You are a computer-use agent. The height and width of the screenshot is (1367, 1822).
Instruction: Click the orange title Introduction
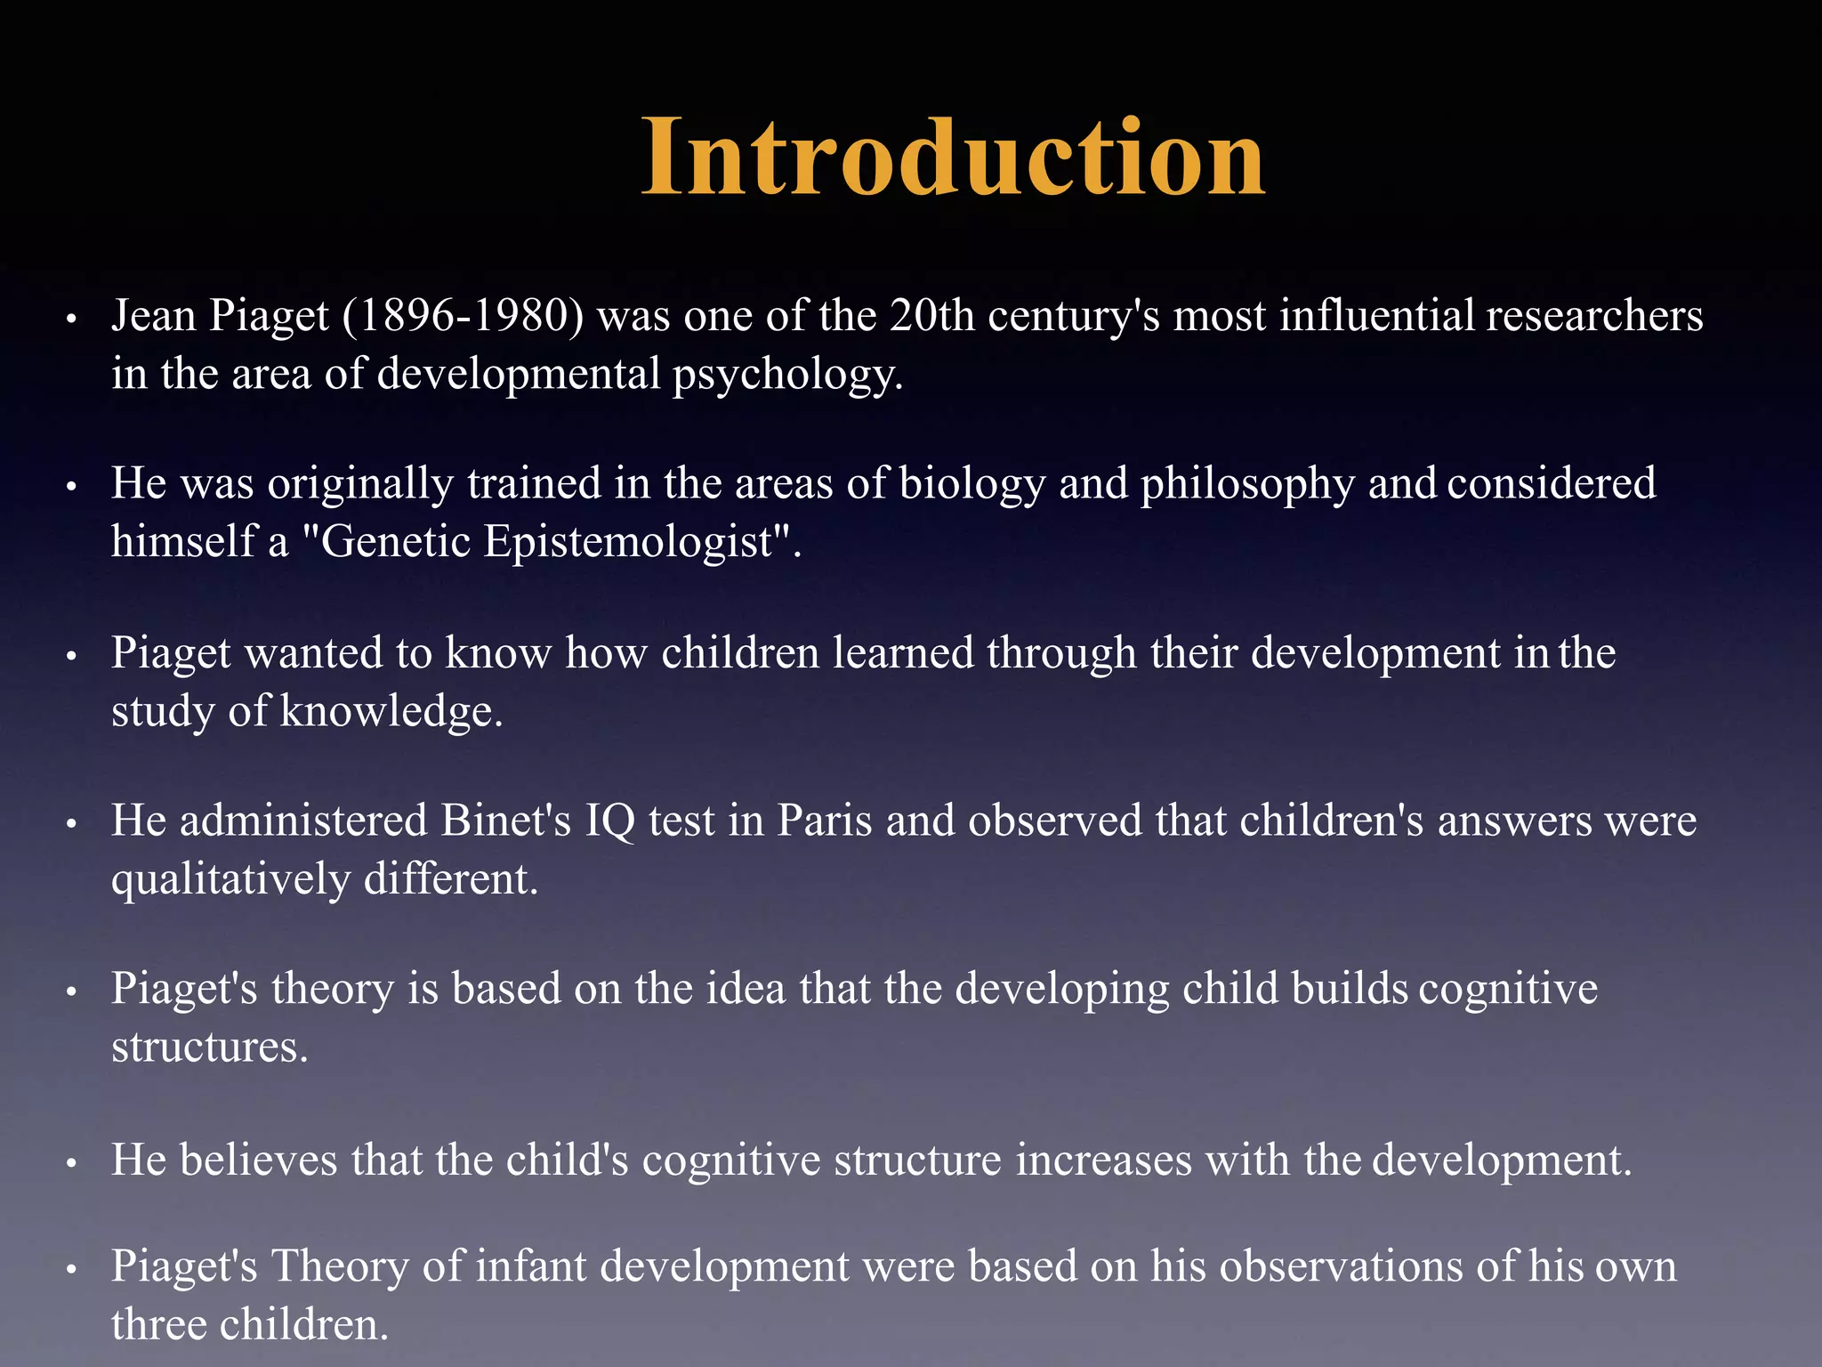pyautogui.click(x=953, y=158)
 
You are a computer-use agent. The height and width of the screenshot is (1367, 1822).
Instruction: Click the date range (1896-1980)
pyautogui.click(x=463, y=316)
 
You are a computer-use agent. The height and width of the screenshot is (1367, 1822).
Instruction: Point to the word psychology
pyautogui.click(x=786, y=375)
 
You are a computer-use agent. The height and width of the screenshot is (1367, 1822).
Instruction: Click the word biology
pyautogui.click(x=972, y=484)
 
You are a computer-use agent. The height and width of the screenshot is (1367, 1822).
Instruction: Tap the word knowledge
pyautogui.click(x=391, y=711)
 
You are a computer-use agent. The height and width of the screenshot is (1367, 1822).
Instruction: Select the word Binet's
pyautogui.click(x=505, y=821)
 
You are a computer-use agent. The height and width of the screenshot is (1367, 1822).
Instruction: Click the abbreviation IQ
pyautogui.click(x=609, y=821)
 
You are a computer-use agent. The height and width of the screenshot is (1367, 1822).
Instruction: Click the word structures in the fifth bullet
pyautogui.click(x=209, y=1047)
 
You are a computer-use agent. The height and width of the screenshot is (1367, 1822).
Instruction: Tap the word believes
pyautogui.click(x=259, y=1161)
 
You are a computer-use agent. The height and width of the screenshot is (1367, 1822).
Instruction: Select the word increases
pyautogui.click(x=1103, y=1161)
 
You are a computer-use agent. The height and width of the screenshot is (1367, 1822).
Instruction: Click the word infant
pyautogui.click(x=531, y=1266)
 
